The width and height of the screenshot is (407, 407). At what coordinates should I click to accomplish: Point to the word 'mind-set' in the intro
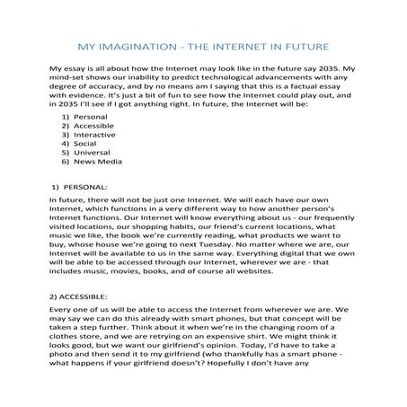pyautogui.click(x=69, y=80)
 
